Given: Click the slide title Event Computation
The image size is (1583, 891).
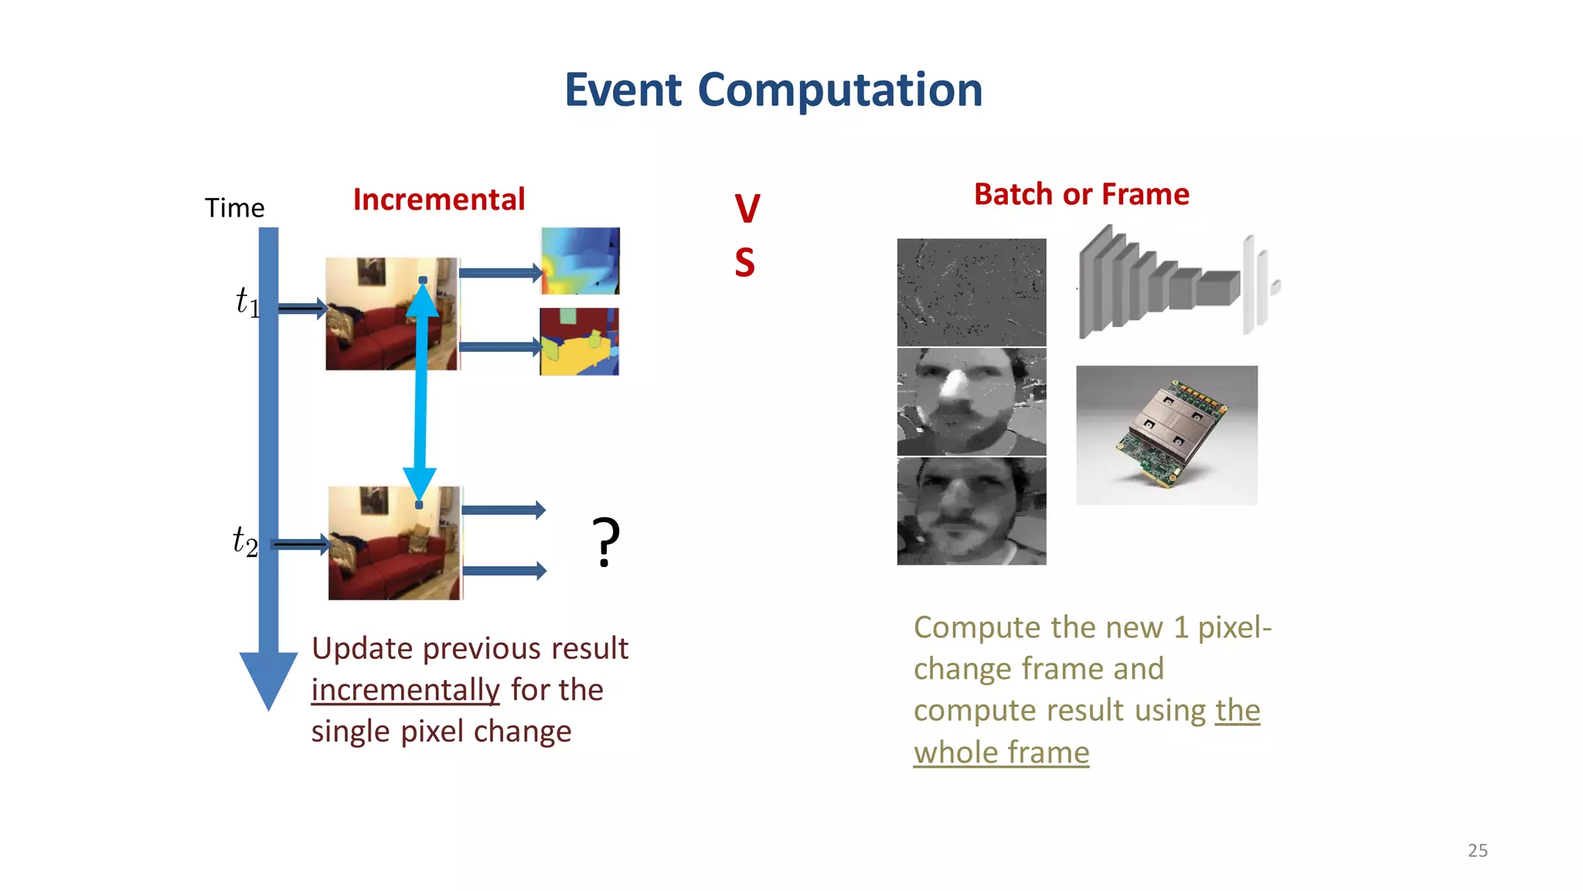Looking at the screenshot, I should pos(773,90).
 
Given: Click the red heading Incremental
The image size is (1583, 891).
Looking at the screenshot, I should pos(439,200).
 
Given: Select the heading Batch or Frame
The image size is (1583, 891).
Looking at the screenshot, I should pos(1081,194).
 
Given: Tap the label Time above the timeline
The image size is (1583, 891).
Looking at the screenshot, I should pos(234,208).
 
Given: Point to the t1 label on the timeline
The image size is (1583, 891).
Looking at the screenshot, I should pos(247,302).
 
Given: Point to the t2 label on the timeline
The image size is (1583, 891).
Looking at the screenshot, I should pos(245,541).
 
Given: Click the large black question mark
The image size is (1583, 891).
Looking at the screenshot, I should pos(605,542).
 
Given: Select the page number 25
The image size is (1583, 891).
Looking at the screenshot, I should pos(1477,850).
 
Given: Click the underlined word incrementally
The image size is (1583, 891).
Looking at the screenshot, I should pos(405,690).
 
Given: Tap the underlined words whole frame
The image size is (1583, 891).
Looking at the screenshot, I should pos(1001,753).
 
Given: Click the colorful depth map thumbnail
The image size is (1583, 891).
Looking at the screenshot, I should pos(580,261).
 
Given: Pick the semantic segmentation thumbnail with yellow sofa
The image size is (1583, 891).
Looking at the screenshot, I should pos(580,342).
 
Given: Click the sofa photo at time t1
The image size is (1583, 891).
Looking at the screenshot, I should pos(392,314).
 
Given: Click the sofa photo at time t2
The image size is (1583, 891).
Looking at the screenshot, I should pos(394,543).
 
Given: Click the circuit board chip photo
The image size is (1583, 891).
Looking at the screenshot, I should pos(1166,435).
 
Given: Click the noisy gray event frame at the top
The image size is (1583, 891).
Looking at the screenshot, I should pos(972,292).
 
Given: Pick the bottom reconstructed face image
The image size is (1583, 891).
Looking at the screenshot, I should pos(972,511).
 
